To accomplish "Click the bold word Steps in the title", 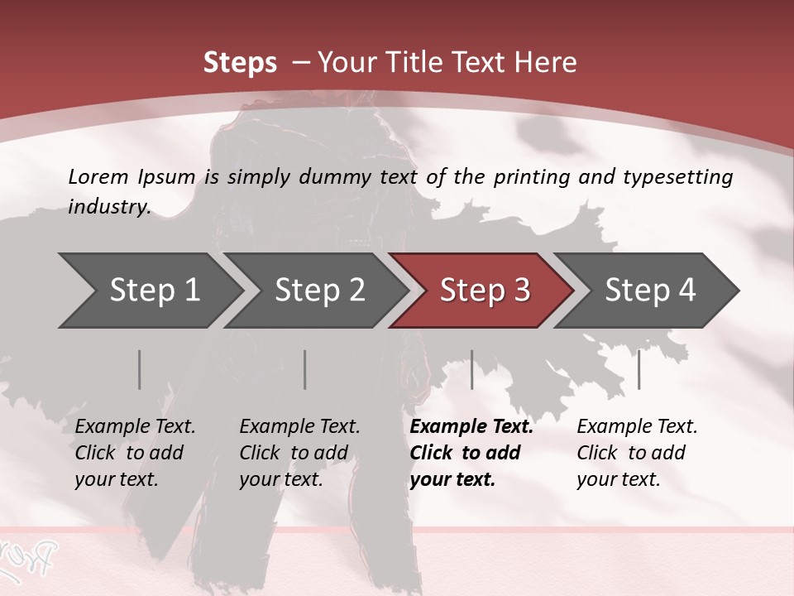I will pos(240,63).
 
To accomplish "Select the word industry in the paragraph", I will pos(109,206).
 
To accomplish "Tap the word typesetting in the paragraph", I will pos(680,176).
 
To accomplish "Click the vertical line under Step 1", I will pos(140,369).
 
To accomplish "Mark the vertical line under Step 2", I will pos(305,369).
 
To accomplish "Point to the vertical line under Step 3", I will pos(472,369).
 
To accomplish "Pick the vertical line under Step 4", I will pos(639,369).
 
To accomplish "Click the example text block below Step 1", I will pos(135,453).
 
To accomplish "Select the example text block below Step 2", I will pos(299,453).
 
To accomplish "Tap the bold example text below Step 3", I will pos(471,453).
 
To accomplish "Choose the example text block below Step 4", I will pos(637,453).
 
